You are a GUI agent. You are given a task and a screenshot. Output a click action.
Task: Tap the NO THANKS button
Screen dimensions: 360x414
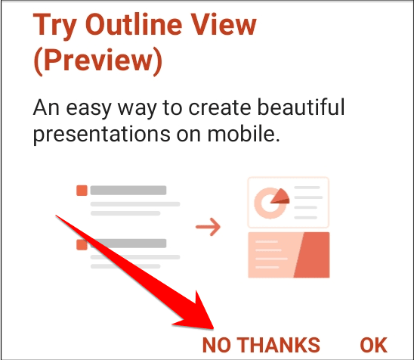tap(261, 344)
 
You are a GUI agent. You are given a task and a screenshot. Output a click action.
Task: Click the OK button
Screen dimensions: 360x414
tap(373, 344)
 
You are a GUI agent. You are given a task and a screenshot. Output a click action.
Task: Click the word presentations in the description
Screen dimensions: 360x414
tap(99, 137)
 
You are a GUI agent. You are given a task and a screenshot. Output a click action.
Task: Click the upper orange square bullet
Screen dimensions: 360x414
tap(82, 191)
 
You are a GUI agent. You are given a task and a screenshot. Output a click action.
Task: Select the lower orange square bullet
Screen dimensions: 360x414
tap(82, 244)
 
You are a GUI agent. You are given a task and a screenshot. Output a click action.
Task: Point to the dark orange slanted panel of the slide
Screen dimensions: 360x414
tap(312, 256)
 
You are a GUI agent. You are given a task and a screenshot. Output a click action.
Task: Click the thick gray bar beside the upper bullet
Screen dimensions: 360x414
tap(128, 191)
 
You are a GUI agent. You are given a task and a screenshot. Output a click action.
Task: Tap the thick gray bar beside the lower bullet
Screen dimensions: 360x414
tap(128, 244)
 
